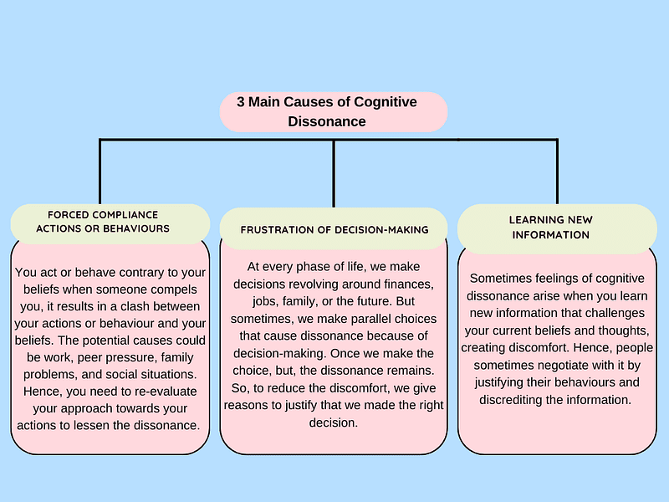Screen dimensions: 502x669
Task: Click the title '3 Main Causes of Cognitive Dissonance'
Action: click(x=334, y=111)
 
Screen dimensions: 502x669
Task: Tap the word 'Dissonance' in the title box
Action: click(x=327, y=121)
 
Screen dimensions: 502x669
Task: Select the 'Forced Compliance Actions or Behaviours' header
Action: click(x=109, y=222)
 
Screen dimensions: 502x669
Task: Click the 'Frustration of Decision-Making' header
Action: click(x=334, y=229)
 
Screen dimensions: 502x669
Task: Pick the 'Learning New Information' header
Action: click(x=550, y=228)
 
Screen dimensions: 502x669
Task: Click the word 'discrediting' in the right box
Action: click(x=519, y=400)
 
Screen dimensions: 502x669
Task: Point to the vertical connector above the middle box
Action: click(x=334, y=173)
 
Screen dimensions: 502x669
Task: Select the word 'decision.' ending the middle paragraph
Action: click(x=333, y=423)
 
